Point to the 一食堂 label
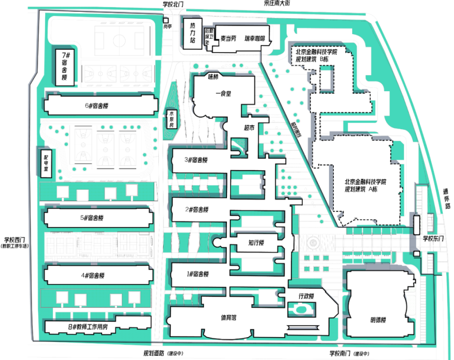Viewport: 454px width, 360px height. [223, 93]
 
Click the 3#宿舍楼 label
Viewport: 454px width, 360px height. [196, 160]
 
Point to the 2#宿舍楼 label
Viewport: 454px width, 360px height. [196, 209]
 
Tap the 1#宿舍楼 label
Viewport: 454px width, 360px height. [196, 274]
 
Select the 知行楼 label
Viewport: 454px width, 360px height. [255, 243]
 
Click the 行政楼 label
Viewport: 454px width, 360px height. [306, 296]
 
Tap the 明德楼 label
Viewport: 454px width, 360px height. [378, 320]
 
